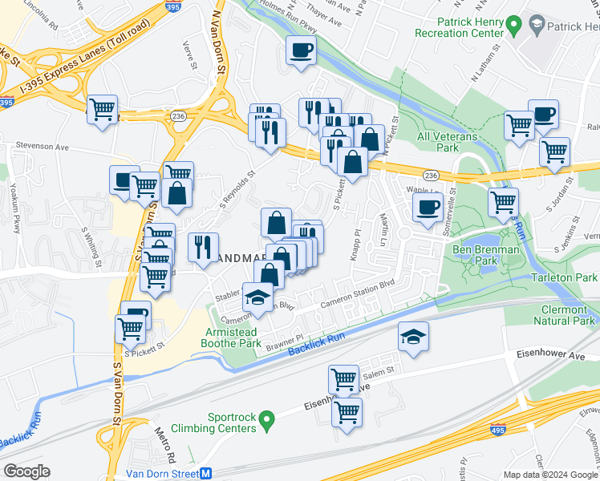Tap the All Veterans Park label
tap(447, 142)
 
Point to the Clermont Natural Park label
tap(557, 315)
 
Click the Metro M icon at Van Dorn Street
tap(205, 473)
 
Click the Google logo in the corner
tap(26, 471)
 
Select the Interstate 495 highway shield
tap(497, 430)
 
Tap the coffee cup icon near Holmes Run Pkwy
tap(302, 51)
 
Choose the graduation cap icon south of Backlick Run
tap(413, 337)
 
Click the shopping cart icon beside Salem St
tap(343, 378)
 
